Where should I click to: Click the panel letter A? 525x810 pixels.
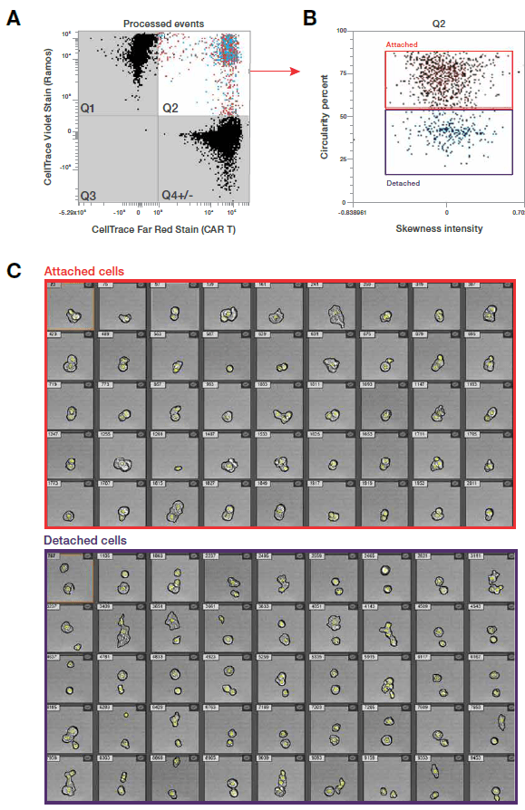pyautogui.click(x=13, y=16)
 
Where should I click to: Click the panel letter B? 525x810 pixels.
pyautogui.click(x=308, y=16)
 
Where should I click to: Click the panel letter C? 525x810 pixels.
pyautogui.click(x=13, y=270)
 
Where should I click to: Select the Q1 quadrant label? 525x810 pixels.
pyautogui.click(x=88, y=109)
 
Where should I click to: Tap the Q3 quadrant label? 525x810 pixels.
pyautogui.click(x=88, y=196)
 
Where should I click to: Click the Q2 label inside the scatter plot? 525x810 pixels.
pyautogui.click(x=170, y=109)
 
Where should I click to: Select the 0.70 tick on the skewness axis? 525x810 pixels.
pyautogui.click(x=517, y=211)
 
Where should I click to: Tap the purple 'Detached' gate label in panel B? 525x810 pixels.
pyautogui.click(x=403, y=182)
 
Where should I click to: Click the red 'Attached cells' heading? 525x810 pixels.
pyautogui.click(x=84, y=271)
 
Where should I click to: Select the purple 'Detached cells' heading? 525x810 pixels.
pyautogui.click(x=85, y=541)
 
